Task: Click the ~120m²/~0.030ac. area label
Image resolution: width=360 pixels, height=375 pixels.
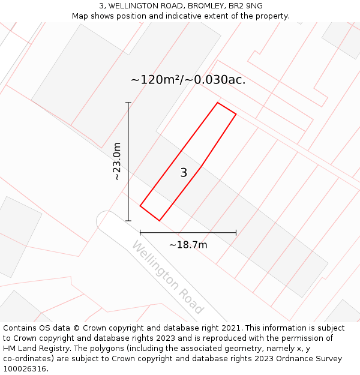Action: click(188, 80)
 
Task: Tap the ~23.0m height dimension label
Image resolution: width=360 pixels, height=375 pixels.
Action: click(117, 161)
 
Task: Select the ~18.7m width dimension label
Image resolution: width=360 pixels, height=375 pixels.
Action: click(188, 245)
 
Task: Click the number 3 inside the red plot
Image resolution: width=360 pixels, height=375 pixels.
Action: click(184, 173)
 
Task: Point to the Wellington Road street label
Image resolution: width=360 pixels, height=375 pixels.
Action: click(168, 277)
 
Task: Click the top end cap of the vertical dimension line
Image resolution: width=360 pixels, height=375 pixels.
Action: click(128, 103)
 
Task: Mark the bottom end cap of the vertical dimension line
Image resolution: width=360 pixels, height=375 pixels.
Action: click(128, 221)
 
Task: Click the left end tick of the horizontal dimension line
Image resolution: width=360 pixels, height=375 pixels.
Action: click(140, 232)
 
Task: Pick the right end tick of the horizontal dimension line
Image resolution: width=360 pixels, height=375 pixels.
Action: click(236, 232)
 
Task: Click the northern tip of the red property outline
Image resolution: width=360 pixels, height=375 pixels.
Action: click(218, 103)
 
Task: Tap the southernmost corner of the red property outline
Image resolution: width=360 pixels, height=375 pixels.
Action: click(160, 221)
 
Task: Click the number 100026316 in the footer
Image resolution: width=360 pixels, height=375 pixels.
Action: click(24, 369)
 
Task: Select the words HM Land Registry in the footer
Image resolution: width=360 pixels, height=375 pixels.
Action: click(34, 349)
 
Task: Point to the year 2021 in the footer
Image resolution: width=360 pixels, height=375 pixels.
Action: click(232, 328)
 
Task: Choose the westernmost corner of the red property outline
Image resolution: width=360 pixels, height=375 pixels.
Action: click(140, 206)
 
